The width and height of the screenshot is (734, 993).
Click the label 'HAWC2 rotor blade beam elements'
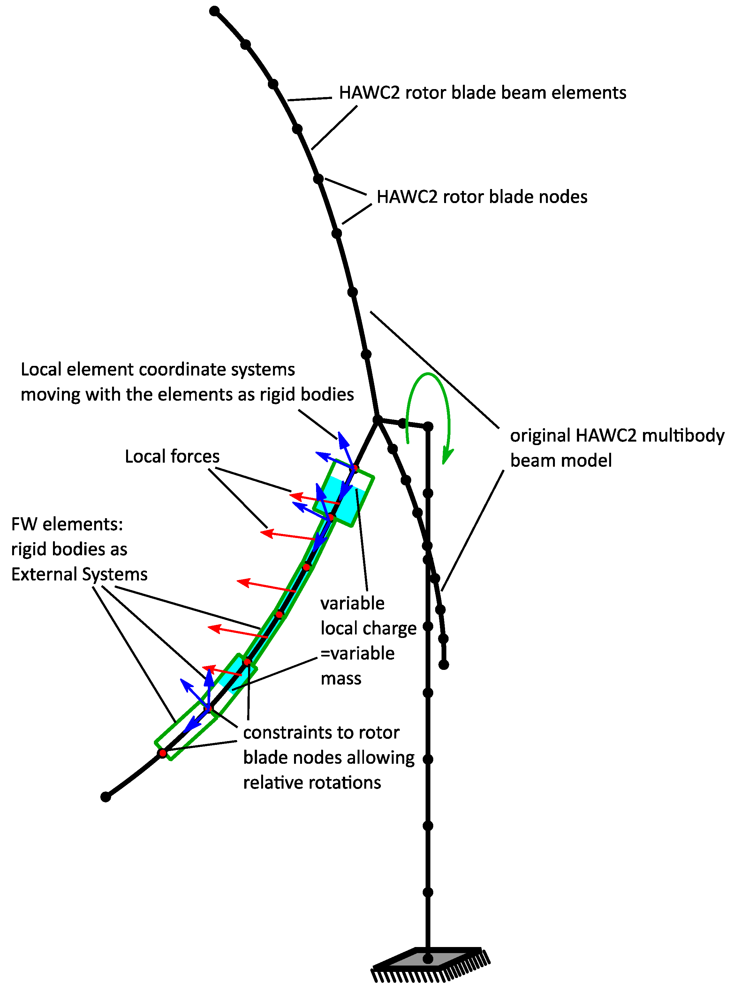tap(482, 93)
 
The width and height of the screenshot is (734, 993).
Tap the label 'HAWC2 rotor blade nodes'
tap(482, 197)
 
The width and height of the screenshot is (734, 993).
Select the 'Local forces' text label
tap(172, 456)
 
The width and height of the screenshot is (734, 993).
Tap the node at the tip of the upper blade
tap(214, 11)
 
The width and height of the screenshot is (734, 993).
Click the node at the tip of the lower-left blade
tap(105, 797)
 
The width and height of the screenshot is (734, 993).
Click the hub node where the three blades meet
tap(377, 420)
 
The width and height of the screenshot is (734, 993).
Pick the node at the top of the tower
tap(428, 427)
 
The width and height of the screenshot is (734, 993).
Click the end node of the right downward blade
tap(443, 665)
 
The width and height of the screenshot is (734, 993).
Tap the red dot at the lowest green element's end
tap(163, 753)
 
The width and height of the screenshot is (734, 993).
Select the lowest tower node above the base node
tap(428, 892)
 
